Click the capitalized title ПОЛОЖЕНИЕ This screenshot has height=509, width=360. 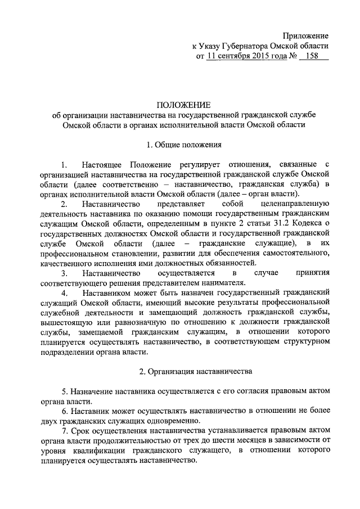point(183,104)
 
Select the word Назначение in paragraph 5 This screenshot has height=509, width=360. point(94,391)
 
